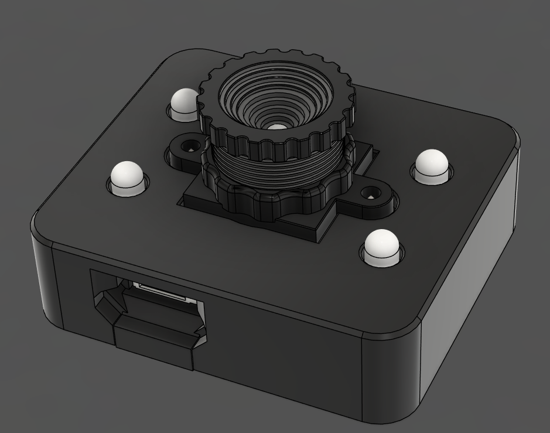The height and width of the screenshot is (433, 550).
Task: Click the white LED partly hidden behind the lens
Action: pyautogui.click(x=185, y=102)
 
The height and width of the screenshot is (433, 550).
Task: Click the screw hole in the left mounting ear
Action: pyautogui.click(x=189, y=145)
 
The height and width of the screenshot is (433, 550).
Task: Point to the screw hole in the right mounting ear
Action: pyautogui.click(x=370, y=193)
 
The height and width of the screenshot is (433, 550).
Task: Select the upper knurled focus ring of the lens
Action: pyautogui.click(x=275, y=141)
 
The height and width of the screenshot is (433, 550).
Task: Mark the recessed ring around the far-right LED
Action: pyautogui.click(x=432, y=176)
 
